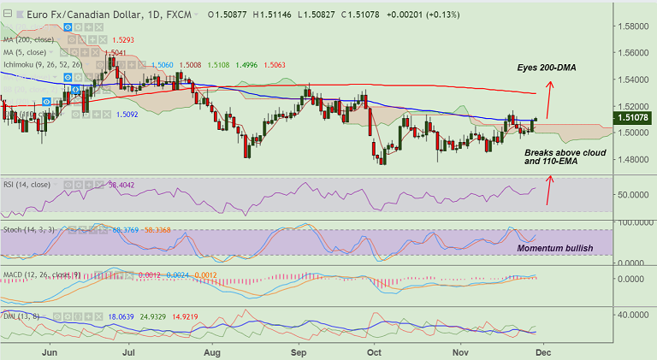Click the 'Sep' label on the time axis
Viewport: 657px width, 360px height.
point(299,351)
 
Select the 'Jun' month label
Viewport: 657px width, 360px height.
point(50,351)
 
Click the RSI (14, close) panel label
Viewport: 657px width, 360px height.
point(26,184)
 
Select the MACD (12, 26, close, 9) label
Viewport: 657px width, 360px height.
point(43,274)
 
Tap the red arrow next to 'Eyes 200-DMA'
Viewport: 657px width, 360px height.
point(549,97)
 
